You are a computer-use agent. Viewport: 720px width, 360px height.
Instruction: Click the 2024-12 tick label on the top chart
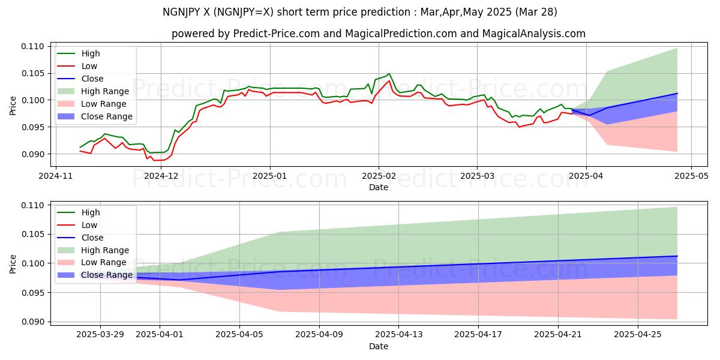point(162,176)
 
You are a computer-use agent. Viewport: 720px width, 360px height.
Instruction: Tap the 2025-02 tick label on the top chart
point(379,176)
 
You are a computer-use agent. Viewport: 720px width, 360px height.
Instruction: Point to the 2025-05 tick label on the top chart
point(691,176)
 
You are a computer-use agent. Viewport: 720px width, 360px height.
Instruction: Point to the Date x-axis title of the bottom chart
point(379,346)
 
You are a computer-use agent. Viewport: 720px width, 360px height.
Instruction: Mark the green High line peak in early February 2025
point(389,74)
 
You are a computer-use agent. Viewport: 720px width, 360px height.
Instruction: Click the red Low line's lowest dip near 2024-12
point(154,160)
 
